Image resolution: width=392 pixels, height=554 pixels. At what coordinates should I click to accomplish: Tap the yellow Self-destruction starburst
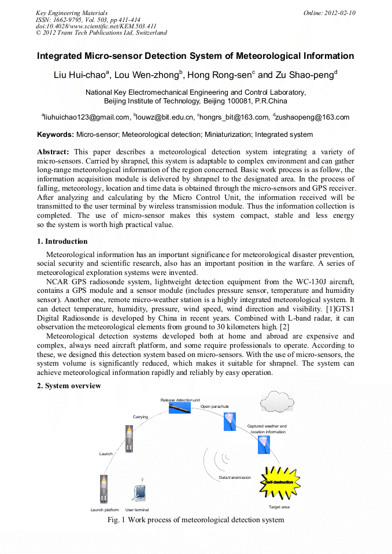[279, 481]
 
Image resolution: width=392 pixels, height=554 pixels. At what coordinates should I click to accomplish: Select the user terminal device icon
[138, 492]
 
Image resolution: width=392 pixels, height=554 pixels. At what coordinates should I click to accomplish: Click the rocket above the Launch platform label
[104, 488]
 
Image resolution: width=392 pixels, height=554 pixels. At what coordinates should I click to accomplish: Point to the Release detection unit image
[180, 408]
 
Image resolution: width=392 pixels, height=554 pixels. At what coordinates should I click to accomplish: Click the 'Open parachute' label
[215, 407]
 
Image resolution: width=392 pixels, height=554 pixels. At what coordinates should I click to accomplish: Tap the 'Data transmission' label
[235, 478]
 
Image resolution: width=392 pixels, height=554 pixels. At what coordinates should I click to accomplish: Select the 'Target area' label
[279, 507]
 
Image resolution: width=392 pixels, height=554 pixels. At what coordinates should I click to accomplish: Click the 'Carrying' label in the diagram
[140, 417]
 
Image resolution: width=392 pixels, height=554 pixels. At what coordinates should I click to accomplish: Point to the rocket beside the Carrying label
[130, 438]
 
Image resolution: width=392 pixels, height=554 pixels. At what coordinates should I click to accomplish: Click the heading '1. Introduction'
[62, 241]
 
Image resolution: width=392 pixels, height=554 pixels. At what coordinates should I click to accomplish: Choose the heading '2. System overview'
[69, 385]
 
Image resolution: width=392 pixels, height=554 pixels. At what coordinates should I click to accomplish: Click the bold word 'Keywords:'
[56, 135]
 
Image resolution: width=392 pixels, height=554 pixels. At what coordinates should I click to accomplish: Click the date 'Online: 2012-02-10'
[329, 13]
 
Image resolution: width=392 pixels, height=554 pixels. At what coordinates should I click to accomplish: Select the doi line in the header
[96, 26]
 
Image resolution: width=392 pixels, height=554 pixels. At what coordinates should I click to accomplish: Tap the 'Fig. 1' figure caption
[195, 520]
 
